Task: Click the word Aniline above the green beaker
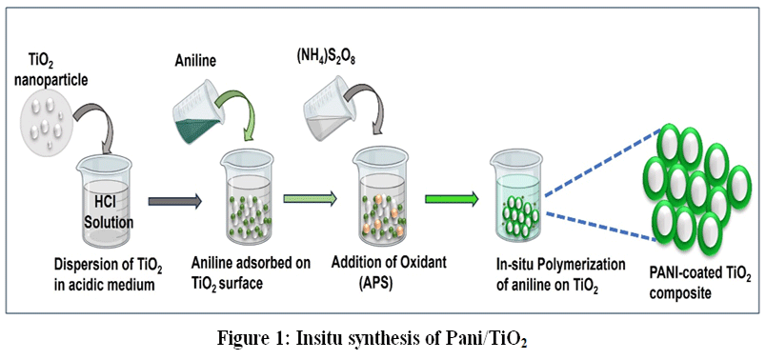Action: click(195, 61)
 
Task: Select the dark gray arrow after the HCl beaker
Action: click(175, 202)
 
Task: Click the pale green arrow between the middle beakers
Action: click(311, 198)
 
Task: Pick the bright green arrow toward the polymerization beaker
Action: click(452, 199)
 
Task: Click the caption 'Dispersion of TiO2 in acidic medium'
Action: click(109, 276)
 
